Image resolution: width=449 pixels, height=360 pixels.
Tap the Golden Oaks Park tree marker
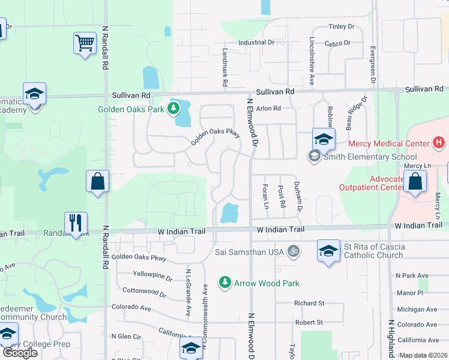point(173,108)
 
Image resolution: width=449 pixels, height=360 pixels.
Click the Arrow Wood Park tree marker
point(224,281)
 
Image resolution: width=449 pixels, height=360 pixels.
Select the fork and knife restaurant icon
point(76,223)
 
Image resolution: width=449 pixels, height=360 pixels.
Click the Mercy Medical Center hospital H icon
point(439,143)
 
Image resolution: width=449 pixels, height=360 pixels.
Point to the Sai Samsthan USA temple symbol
point(293,251)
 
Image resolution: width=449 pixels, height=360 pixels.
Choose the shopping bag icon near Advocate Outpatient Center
point(414,182)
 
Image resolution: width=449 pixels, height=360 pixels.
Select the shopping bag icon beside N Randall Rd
point(97,182)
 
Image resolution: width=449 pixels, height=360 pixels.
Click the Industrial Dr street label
point(256,43)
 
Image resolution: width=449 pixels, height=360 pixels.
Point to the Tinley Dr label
point(342,27)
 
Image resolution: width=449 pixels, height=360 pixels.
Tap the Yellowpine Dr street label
point(152,278)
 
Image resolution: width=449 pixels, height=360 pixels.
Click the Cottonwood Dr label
point(144,292)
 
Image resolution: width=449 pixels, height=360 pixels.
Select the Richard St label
point(309,304)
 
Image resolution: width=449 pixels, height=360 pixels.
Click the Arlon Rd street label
point(268,109)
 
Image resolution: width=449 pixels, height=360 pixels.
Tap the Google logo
point(20,352)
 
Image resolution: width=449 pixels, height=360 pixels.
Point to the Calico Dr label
point(337,43)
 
